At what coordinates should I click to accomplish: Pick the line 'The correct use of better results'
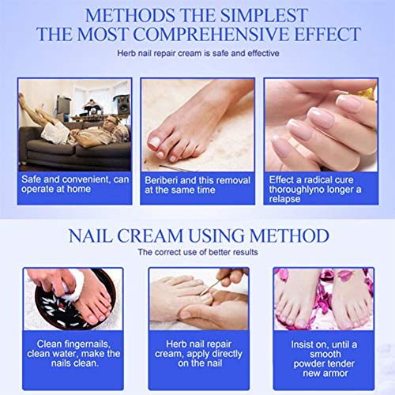(197, 252)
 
